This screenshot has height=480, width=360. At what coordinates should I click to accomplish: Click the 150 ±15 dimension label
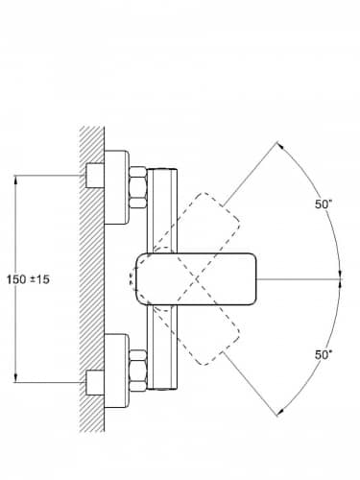[28, 279]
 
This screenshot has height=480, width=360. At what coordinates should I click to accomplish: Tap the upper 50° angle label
[323, 204]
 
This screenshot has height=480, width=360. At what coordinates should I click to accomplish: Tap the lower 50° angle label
[324, 354]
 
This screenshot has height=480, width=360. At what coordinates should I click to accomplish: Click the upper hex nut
[138, 187]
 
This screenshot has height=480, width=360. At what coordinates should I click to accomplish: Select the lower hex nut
[138, 371]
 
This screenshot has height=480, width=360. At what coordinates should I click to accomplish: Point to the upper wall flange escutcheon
[117, 187]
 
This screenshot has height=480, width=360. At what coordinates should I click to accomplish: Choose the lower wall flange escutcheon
[117, 371]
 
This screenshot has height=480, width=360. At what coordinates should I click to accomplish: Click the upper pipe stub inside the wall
[95, 176]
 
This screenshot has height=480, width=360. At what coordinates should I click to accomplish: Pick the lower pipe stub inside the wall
[95, 382]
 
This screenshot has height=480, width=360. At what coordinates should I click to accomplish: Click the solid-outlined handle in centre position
[196, 278]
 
